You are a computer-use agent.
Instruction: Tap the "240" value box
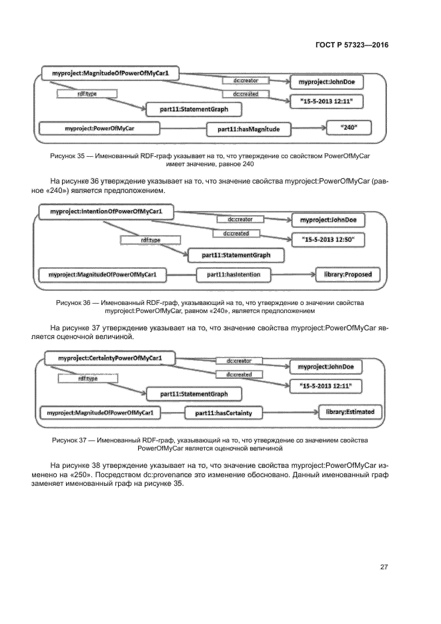pyautogui.click(x=348, y=127)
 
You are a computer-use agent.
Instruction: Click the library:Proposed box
pyautogui.click(x=348, y=274)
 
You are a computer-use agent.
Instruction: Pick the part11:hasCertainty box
pyautogui.click(x=223, y=413)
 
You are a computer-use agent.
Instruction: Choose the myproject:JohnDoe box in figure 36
pyautogui.click(x=328, y=220)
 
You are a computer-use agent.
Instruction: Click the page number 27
pyautogui.click(x=384, y=567)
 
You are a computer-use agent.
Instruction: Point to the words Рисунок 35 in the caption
pyautogui.click(x=69, y=155)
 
